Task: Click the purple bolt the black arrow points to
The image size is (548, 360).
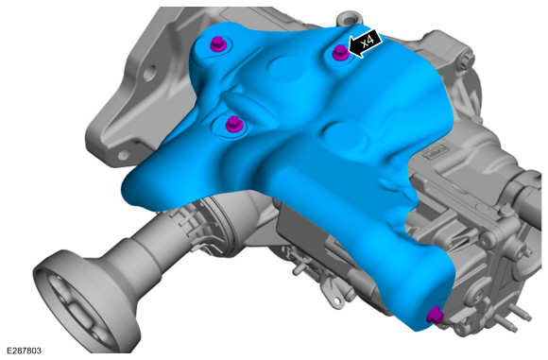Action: (340, 54)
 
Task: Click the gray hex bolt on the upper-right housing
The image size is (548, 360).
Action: (465, 59)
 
